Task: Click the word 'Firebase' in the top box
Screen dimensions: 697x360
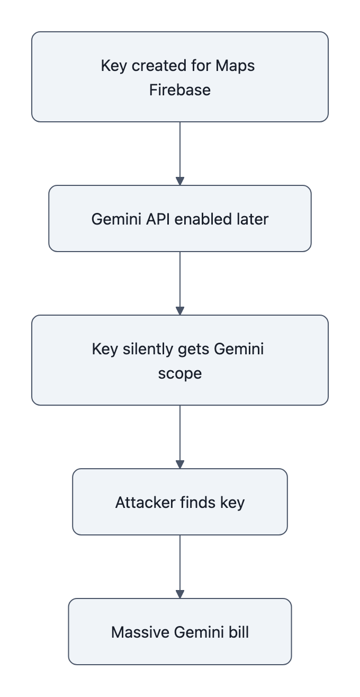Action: click(x=180, y=90)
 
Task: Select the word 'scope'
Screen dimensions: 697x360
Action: click(x=180, y=373)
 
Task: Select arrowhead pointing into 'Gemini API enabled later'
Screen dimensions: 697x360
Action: click(x=180, y=181)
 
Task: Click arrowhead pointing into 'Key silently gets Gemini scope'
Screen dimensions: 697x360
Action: click(x=180, y=311)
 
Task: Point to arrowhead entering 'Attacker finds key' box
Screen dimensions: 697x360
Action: click(x=180, y=464)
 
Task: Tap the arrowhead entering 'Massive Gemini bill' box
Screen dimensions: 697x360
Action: click(x=180, y=594)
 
